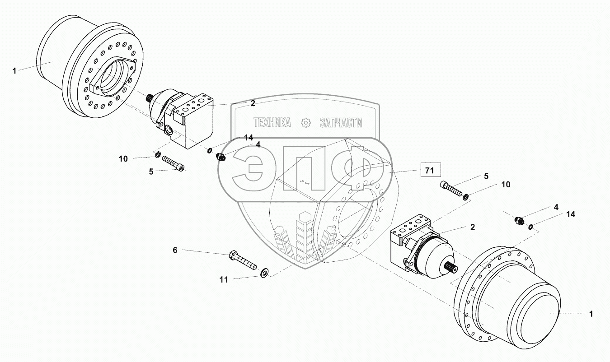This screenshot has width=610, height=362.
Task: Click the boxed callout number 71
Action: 431,171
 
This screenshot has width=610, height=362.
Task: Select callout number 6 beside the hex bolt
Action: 175,250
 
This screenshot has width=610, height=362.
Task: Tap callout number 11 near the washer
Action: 224,280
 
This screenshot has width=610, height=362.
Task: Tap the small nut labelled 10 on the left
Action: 158,155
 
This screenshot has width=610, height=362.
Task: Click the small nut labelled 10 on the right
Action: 465,196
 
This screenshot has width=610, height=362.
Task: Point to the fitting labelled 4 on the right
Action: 520,221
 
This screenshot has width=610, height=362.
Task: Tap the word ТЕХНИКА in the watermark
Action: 272,123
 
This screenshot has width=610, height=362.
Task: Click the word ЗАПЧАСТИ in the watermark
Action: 341,123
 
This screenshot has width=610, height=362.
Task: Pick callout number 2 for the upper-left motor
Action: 253,103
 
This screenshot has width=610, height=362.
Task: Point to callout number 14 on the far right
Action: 571,215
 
